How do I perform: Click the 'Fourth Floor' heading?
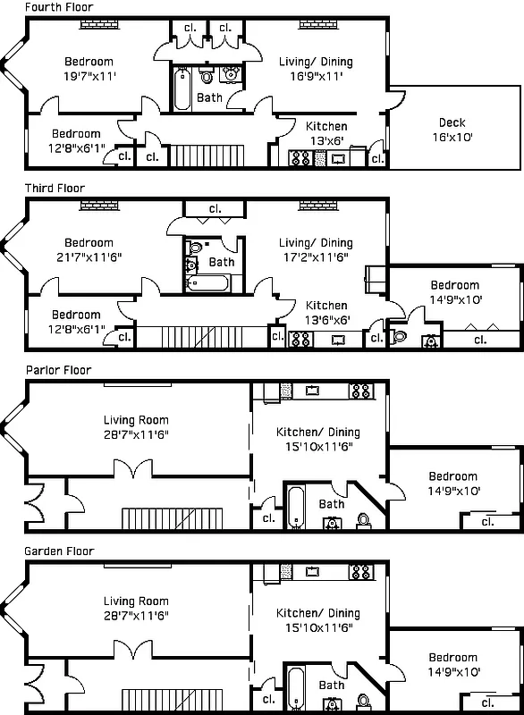(58, 7)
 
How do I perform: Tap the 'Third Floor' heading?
(55, 189)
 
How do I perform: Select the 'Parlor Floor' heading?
(58, 370)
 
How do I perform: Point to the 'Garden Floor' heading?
(59, 551)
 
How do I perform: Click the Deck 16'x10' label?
(452, 130)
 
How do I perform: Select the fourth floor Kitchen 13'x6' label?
(326, 133)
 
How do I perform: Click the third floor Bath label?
(222, 262)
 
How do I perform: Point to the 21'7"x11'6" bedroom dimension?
(89, 257)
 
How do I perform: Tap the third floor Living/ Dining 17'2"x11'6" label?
(316, 249)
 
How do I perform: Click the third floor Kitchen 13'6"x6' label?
(326, 312)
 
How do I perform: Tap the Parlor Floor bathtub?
(296, 507)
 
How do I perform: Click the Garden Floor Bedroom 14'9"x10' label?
(453, 664)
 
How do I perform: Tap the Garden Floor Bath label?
(332, 686)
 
